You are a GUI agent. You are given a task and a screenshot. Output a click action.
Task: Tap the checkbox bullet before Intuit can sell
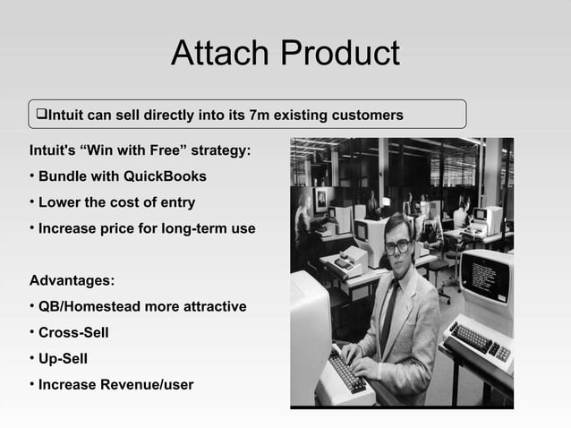click(40, 115)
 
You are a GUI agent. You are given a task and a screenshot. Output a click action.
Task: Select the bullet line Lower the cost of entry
click(116, 202)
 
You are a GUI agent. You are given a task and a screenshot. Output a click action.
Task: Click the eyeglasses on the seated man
click(396, 245)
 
